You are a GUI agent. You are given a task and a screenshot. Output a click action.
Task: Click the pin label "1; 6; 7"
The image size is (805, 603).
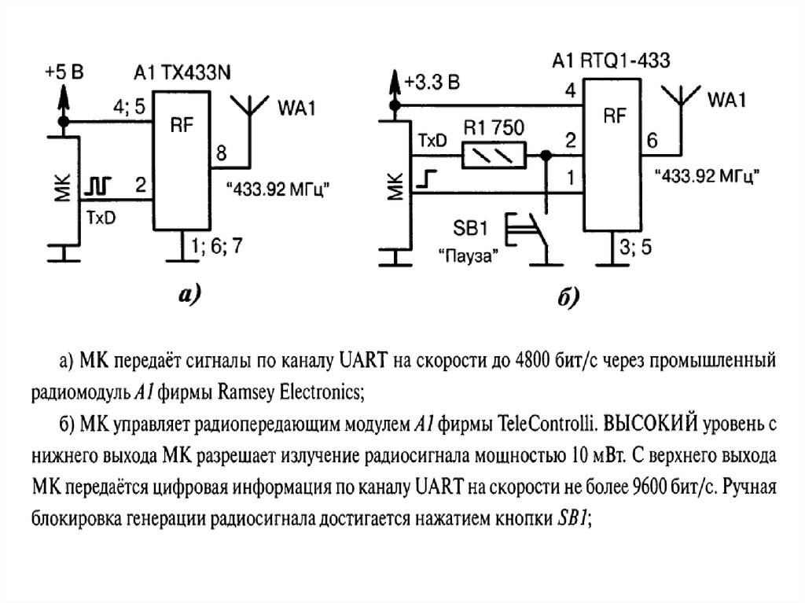click(216, 246)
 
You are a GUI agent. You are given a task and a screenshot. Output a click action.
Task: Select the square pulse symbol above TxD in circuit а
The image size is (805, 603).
click(99, 186)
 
